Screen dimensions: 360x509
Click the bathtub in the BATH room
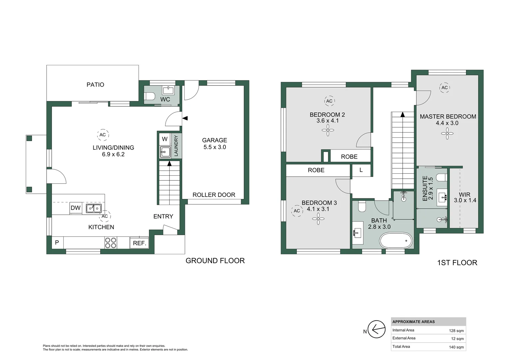click(396, 240)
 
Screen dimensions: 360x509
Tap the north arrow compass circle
click(376, 329)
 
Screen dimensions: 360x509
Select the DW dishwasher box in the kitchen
click(76, 208)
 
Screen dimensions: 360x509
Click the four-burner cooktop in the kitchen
click(111, 243)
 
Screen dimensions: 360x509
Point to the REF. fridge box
click(139, 243)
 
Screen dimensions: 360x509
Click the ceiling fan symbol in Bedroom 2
click(328, 130)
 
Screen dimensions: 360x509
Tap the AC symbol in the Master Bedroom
click(444, 88)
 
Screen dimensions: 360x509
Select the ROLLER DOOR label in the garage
click(214, 195)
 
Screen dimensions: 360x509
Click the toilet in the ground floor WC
click(150, 96)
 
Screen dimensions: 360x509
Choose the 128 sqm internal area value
click(456, 331)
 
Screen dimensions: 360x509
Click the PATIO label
click(95, 85)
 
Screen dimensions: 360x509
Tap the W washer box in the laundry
click(165, 139)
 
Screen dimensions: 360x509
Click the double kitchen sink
click(94, 208)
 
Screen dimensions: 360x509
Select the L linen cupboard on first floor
click(361, 170)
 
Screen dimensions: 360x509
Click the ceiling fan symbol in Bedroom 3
click(318, 219)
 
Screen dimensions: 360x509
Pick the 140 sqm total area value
click(456, 347)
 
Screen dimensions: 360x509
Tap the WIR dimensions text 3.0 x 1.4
click(465, 200)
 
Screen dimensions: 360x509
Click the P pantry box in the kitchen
click(57, 243)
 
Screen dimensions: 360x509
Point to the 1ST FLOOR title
click(457, 263)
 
